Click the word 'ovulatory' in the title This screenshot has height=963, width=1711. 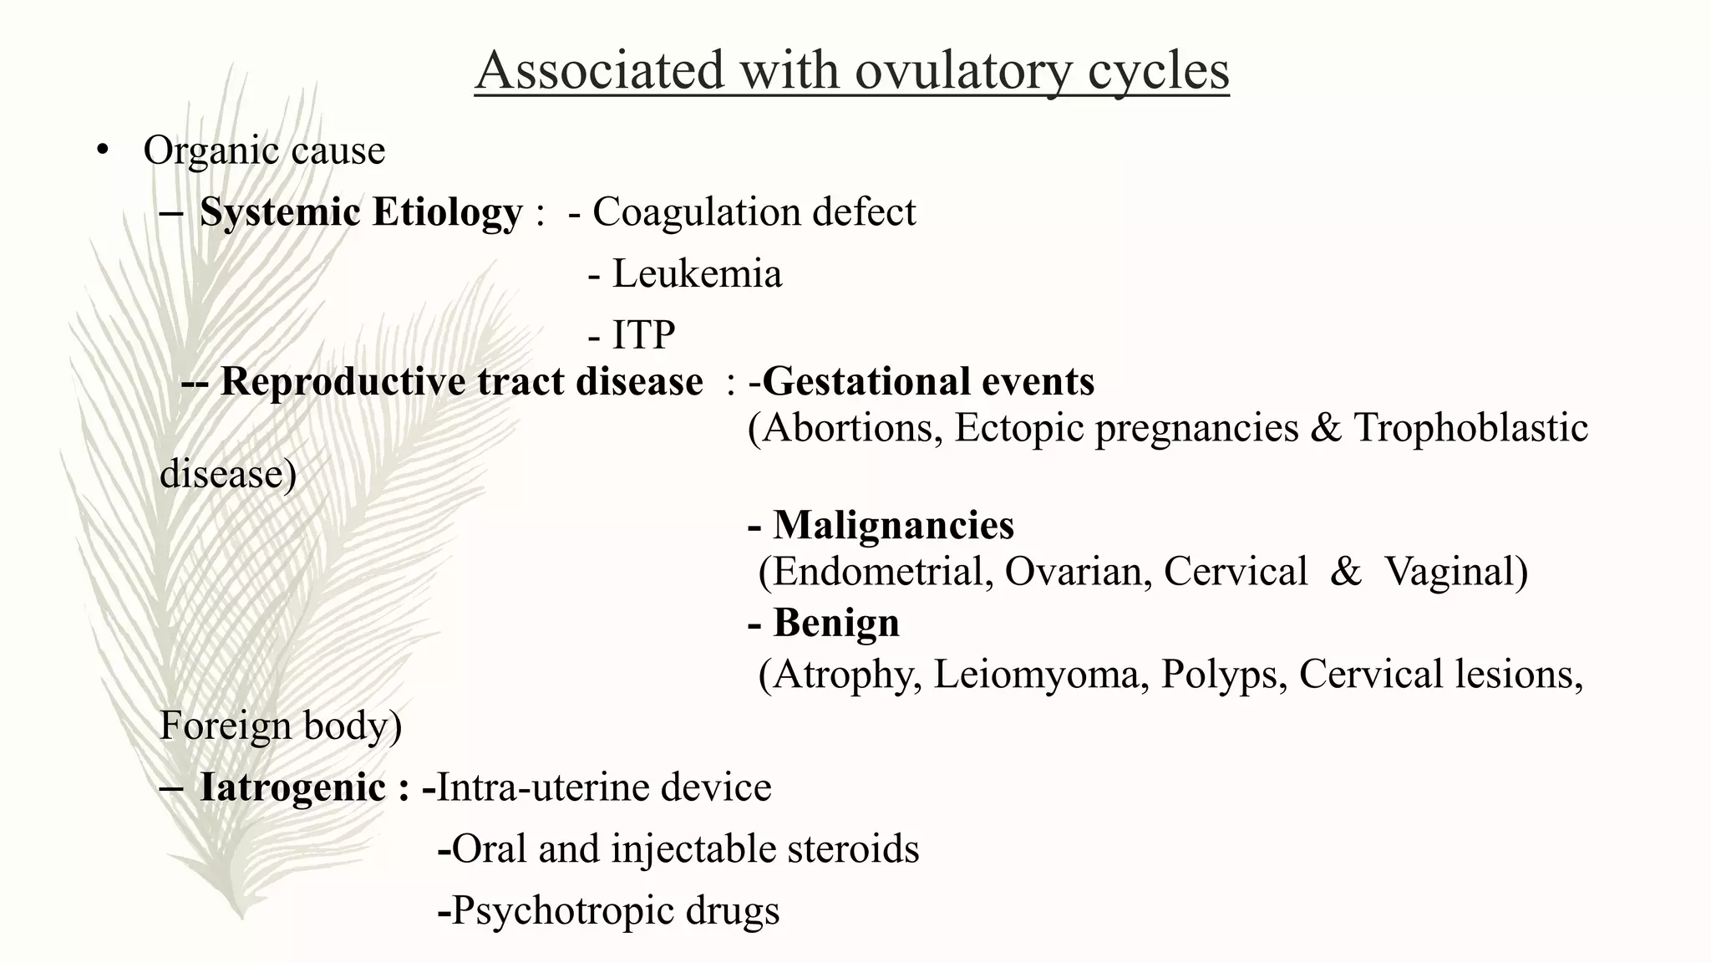962,70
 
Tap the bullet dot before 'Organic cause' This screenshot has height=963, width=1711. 103,151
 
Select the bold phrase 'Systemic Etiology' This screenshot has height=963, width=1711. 360,211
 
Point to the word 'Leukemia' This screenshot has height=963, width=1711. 697,273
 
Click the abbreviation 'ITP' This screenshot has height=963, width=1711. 643,335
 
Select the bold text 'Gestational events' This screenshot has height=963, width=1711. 927,381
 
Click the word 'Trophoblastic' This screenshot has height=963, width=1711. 1470,428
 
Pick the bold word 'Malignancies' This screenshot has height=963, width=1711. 893,525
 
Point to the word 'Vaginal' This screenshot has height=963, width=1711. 1455,572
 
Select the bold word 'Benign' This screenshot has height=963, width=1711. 835,623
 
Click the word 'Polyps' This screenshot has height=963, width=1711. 1223,674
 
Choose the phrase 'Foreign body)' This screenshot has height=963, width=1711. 281,725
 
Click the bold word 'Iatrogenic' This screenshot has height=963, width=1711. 292,787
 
